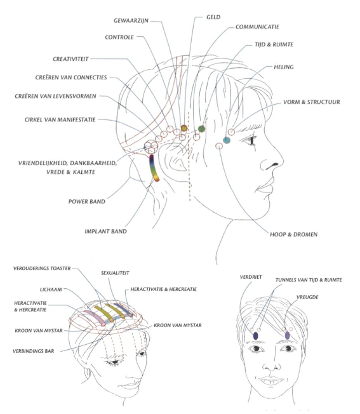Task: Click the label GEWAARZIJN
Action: pos(131,20)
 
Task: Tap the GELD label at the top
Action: pos(213,17)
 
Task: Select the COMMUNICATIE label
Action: pos(257,27)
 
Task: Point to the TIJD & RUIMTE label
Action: pos(274,44)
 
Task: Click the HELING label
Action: pos(284,67)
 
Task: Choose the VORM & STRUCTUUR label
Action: pos(312,102)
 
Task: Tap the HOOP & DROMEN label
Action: pos(293,234)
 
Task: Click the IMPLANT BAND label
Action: pos(105,232)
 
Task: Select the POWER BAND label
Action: pos(87,202)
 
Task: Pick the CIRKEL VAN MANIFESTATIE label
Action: pos(60,120)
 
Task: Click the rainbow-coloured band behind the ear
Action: pos(154,168)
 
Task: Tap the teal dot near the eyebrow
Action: pos(227,140)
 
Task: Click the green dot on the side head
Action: pos(201,129)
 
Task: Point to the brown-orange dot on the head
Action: pos(184,128)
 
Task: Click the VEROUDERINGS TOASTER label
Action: pos(42,269)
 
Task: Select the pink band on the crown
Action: pos(94,317)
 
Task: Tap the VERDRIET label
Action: pos(251,277)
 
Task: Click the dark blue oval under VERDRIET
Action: pos(255,336)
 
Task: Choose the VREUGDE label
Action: pos(307,297)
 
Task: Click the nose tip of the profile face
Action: pos(283,160)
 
